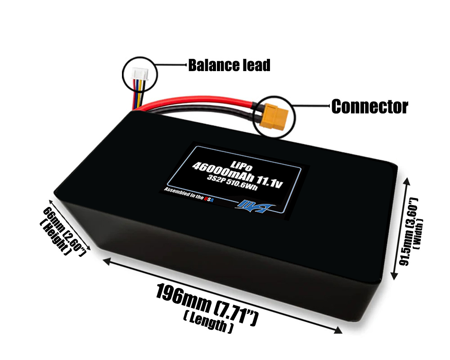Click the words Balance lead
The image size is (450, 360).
[x=229, y=66]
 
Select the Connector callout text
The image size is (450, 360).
[x=369, y=107]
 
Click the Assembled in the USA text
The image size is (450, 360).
[x=189, y=195]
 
